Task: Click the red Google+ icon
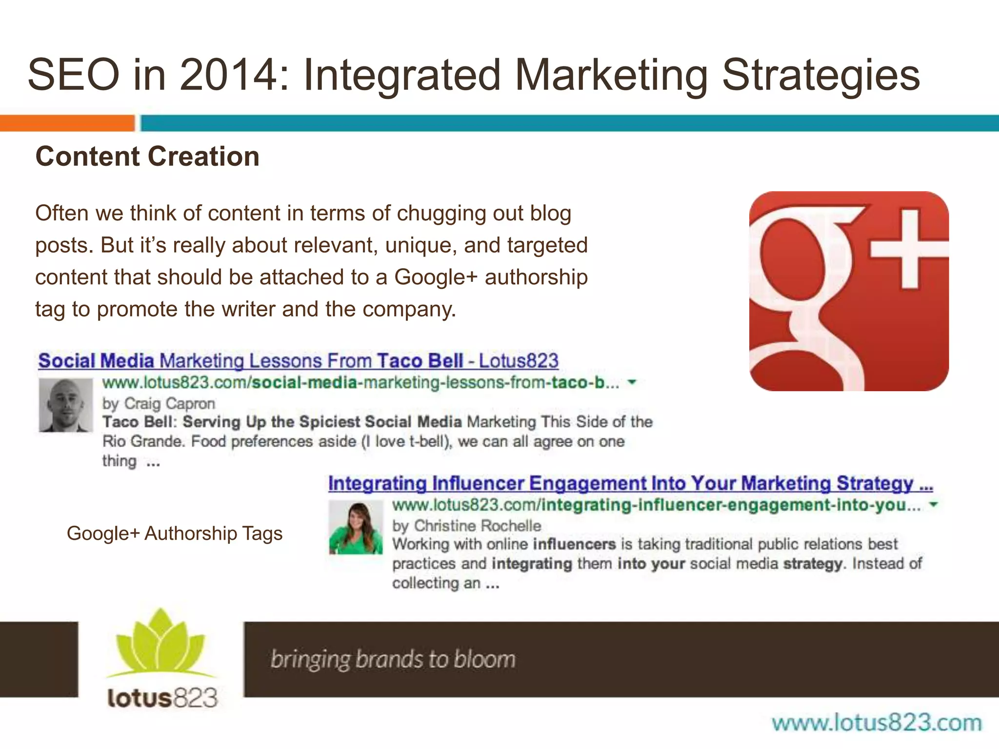(x=849, y=291)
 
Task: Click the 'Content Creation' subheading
(x=147, y=157)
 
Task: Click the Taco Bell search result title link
(x=298, y=361)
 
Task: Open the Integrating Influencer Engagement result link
(x=630, y=483)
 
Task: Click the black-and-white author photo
(x=66, y=405)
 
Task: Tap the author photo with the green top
(x=356, y=528)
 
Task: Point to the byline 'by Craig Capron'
(x=159, y=404)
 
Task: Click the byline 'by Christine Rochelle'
(x=467, y=526)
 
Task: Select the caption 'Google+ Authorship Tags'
(x=175, y=533)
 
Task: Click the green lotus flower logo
(x=161, y=644)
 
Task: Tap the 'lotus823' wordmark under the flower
(x=162, y=698)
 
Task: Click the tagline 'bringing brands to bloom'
(x=393, y=659)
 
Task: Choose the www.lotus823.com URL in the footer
(x=877, y=723)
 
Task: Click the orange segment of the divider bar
(x=67, y=123)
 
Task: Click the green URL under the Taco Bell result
(x=360, y=383)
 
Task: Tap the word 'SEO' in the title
(x=74, y=75)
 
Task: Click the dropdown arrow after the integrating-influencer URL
(x=933, y=505)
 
